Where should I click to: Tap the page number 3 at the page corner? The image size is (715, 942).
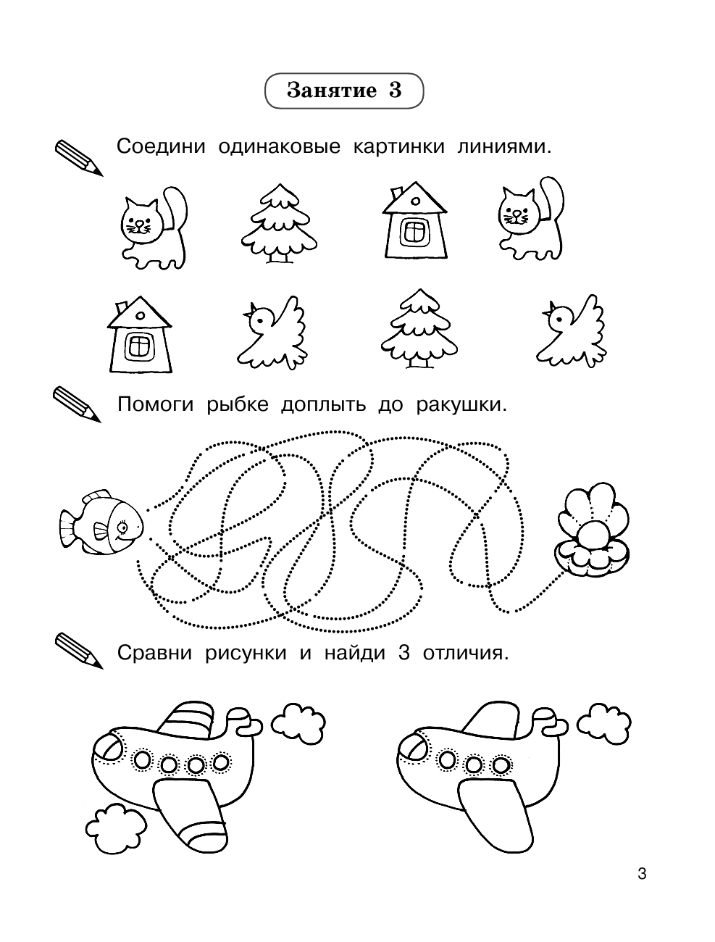pos(641,874)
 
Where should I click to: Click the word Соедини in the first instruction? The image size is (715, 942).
pos(156,146)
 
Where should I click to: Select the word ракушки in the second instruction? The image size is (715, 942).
pos(461,404)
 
